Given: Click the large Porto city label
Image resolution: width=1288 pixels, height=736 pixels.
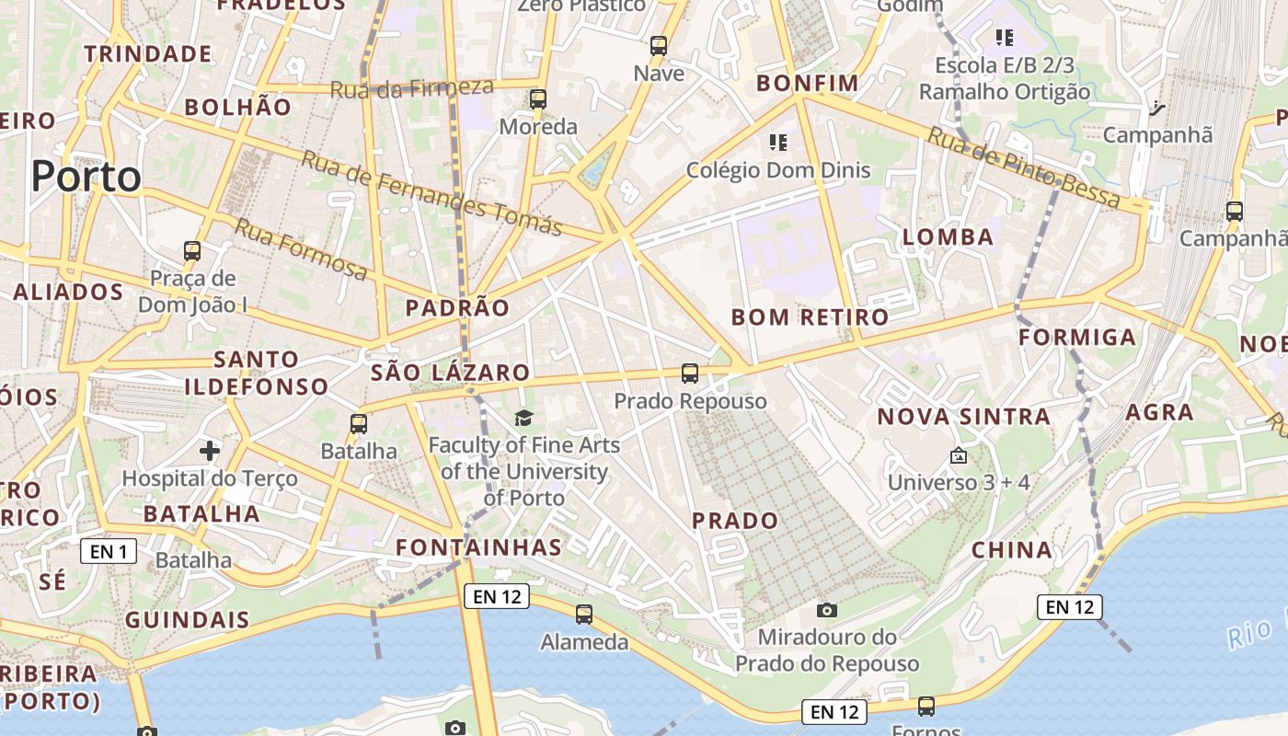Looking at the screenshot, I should click(86, 176).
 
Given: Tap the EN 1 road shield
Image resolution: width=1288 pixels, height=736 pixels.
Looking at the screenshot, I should click(109, 551).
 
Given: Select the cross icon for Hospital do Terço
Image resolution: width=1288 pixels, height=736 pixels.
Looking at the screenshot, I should click(210, 450).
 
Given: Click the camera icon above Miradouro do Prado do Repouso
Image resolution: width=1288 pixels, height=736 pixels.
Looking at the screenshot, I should click(826, 610).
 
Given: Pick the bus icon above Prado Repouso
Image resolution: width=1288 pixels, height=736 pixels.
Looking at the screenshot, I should click(690, 374).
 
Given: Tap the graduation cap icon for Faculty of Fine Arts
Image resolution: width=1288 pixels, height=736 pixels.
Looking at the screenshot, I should click(523, 419).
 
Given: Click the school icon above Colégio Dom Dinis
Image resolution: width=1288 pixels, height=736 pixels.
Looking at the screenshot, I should click(778, 143).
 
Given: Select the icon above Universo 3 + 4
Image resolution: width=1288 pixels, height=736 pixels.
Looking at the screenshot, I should click(958, 454).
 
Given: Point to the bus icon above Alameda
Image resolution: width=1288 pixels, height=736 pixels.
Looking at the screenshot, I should click(583, 615).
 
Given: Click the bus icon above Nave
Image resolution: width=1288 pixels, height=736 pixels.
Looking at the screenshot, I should click(659, 46).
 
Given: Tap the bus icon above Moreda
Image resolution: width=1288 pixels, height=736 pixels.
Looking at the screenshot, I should click(538, 99).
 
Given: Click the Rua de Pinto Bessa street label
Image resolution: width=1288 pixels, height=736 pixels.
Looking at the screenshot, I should click(1023, 167).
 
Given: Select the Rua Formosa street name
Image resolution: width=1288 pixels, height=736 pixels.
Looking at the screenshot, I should click(301, 248).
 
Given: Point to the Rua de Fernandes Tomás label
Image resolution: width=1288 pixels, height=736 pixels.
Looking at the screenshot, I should click(431, 192).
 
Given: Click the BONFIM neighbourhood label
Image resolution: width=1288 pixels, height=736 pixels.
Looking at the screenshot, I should click(807, 84).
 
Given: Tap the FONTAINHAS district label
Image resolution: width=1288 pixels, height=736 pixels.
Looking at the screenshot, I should click(478, 547).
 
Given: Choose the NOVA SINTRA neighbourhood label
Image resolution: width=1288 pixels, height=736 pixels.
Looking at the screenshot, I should click(963, 417).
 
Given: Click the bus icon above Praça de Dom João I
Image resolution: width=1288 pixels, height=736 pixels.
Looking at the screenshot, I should click(192, 250).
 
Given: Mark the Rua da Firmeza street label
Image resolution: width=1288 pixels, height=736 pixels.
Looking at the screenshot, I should click(411, 88).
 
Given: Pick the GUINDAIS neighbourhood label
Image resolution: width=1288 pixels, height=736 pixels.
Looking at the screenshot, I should click(188, 619).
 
